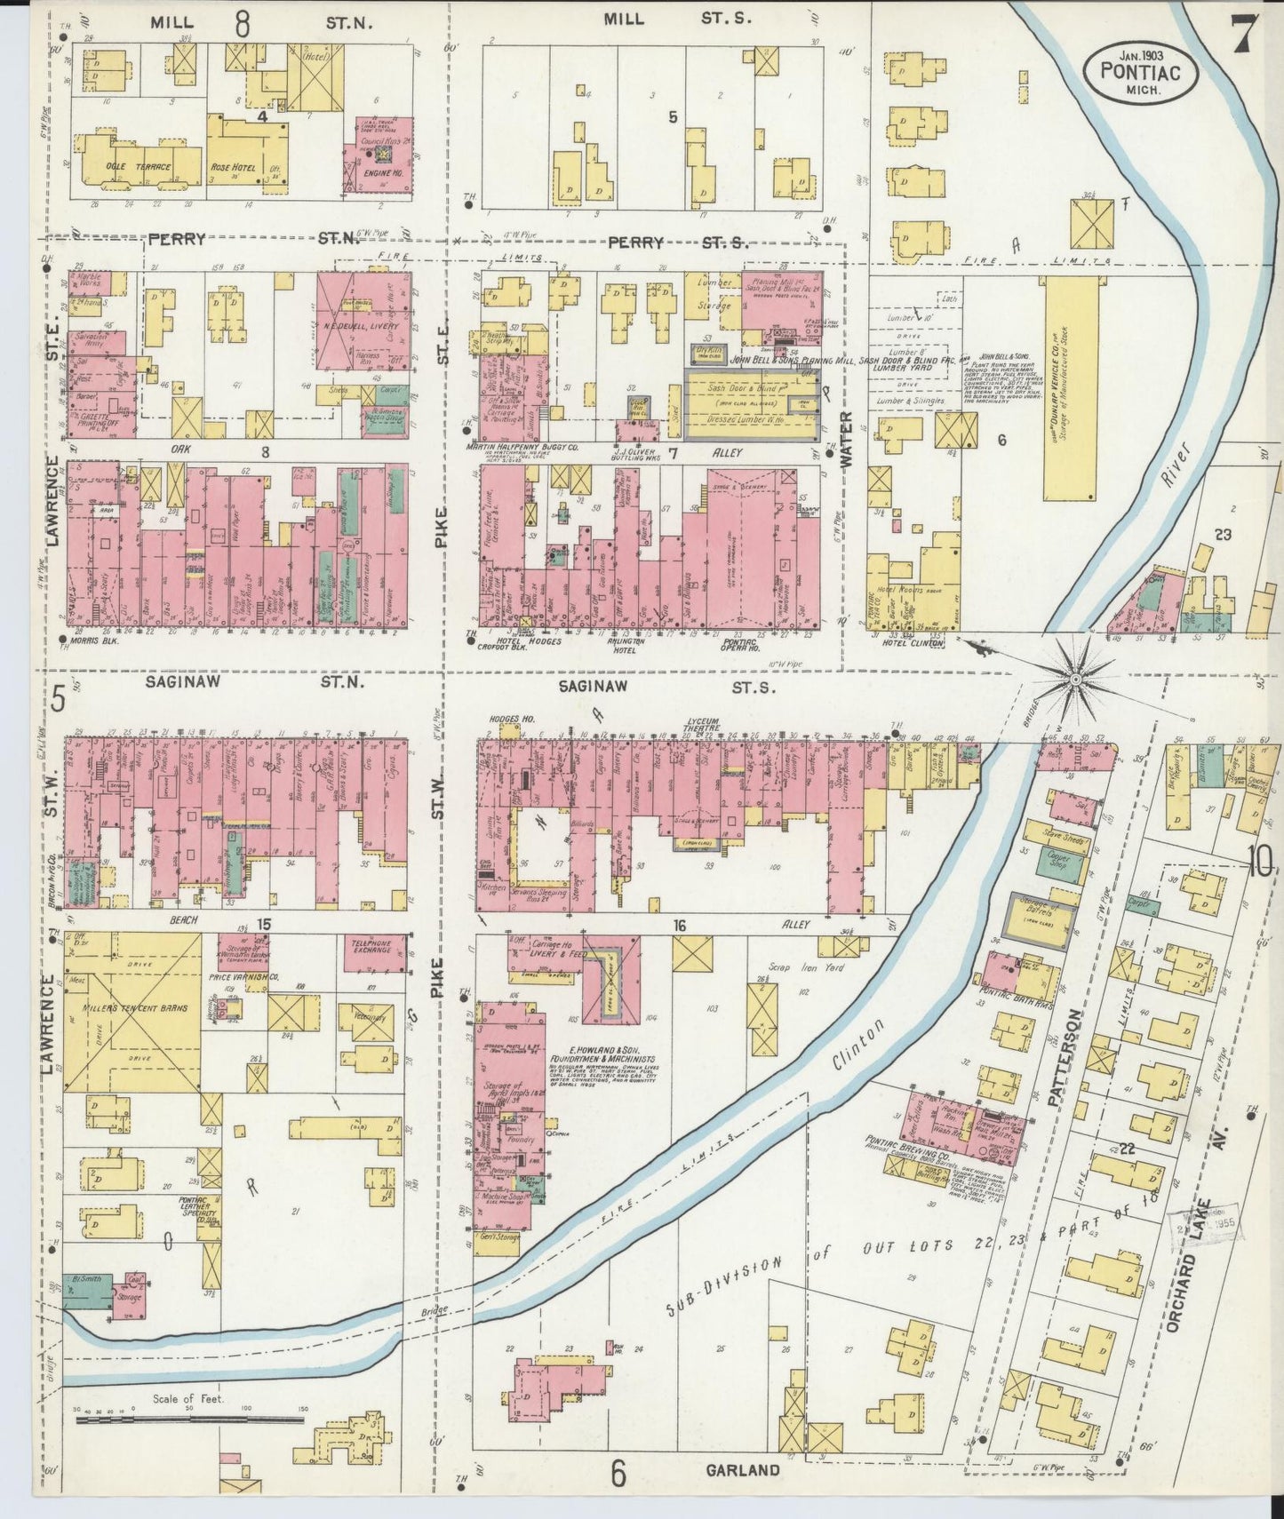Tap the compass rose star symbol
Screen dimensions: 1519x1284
(x=1075, y=680)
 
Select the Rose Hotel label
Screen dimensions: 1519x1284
(x=233, y=166)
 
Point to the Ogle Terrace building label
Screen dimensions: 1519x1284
(x=129, y=166)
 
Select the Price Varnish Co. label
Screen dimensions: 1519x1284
(x=237, y=975)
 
